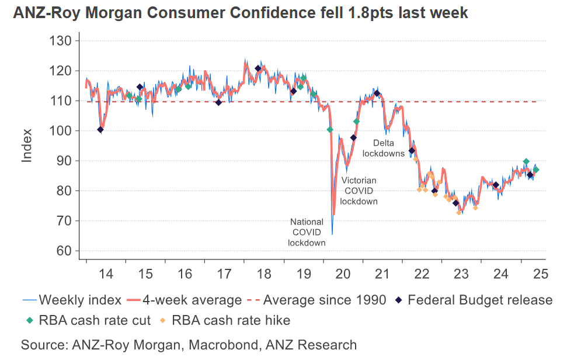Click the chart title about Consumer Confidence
(241, 13)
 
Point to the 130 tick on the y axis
(61, 41)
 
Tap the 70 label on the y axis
(65, 221)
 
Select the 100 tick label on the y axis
(61, 131)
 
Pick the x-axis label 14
(106, 273)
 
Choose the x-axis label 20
(343, 273)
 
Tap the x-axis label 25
(540, 273)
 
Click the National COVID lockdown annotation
(307, 232)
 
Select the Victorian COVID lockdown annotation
(359, 191)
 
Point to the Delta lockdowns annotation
(384, 148)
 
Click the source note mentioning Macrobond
(189, 345)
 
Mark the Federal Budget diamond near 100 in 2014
(100, 130)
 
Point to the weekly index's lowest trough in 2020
(332, 234)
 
